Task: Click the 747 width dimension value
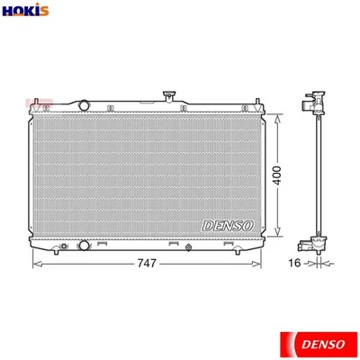pos(147,264)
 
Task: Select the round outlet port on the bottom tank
pos(84,245)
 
